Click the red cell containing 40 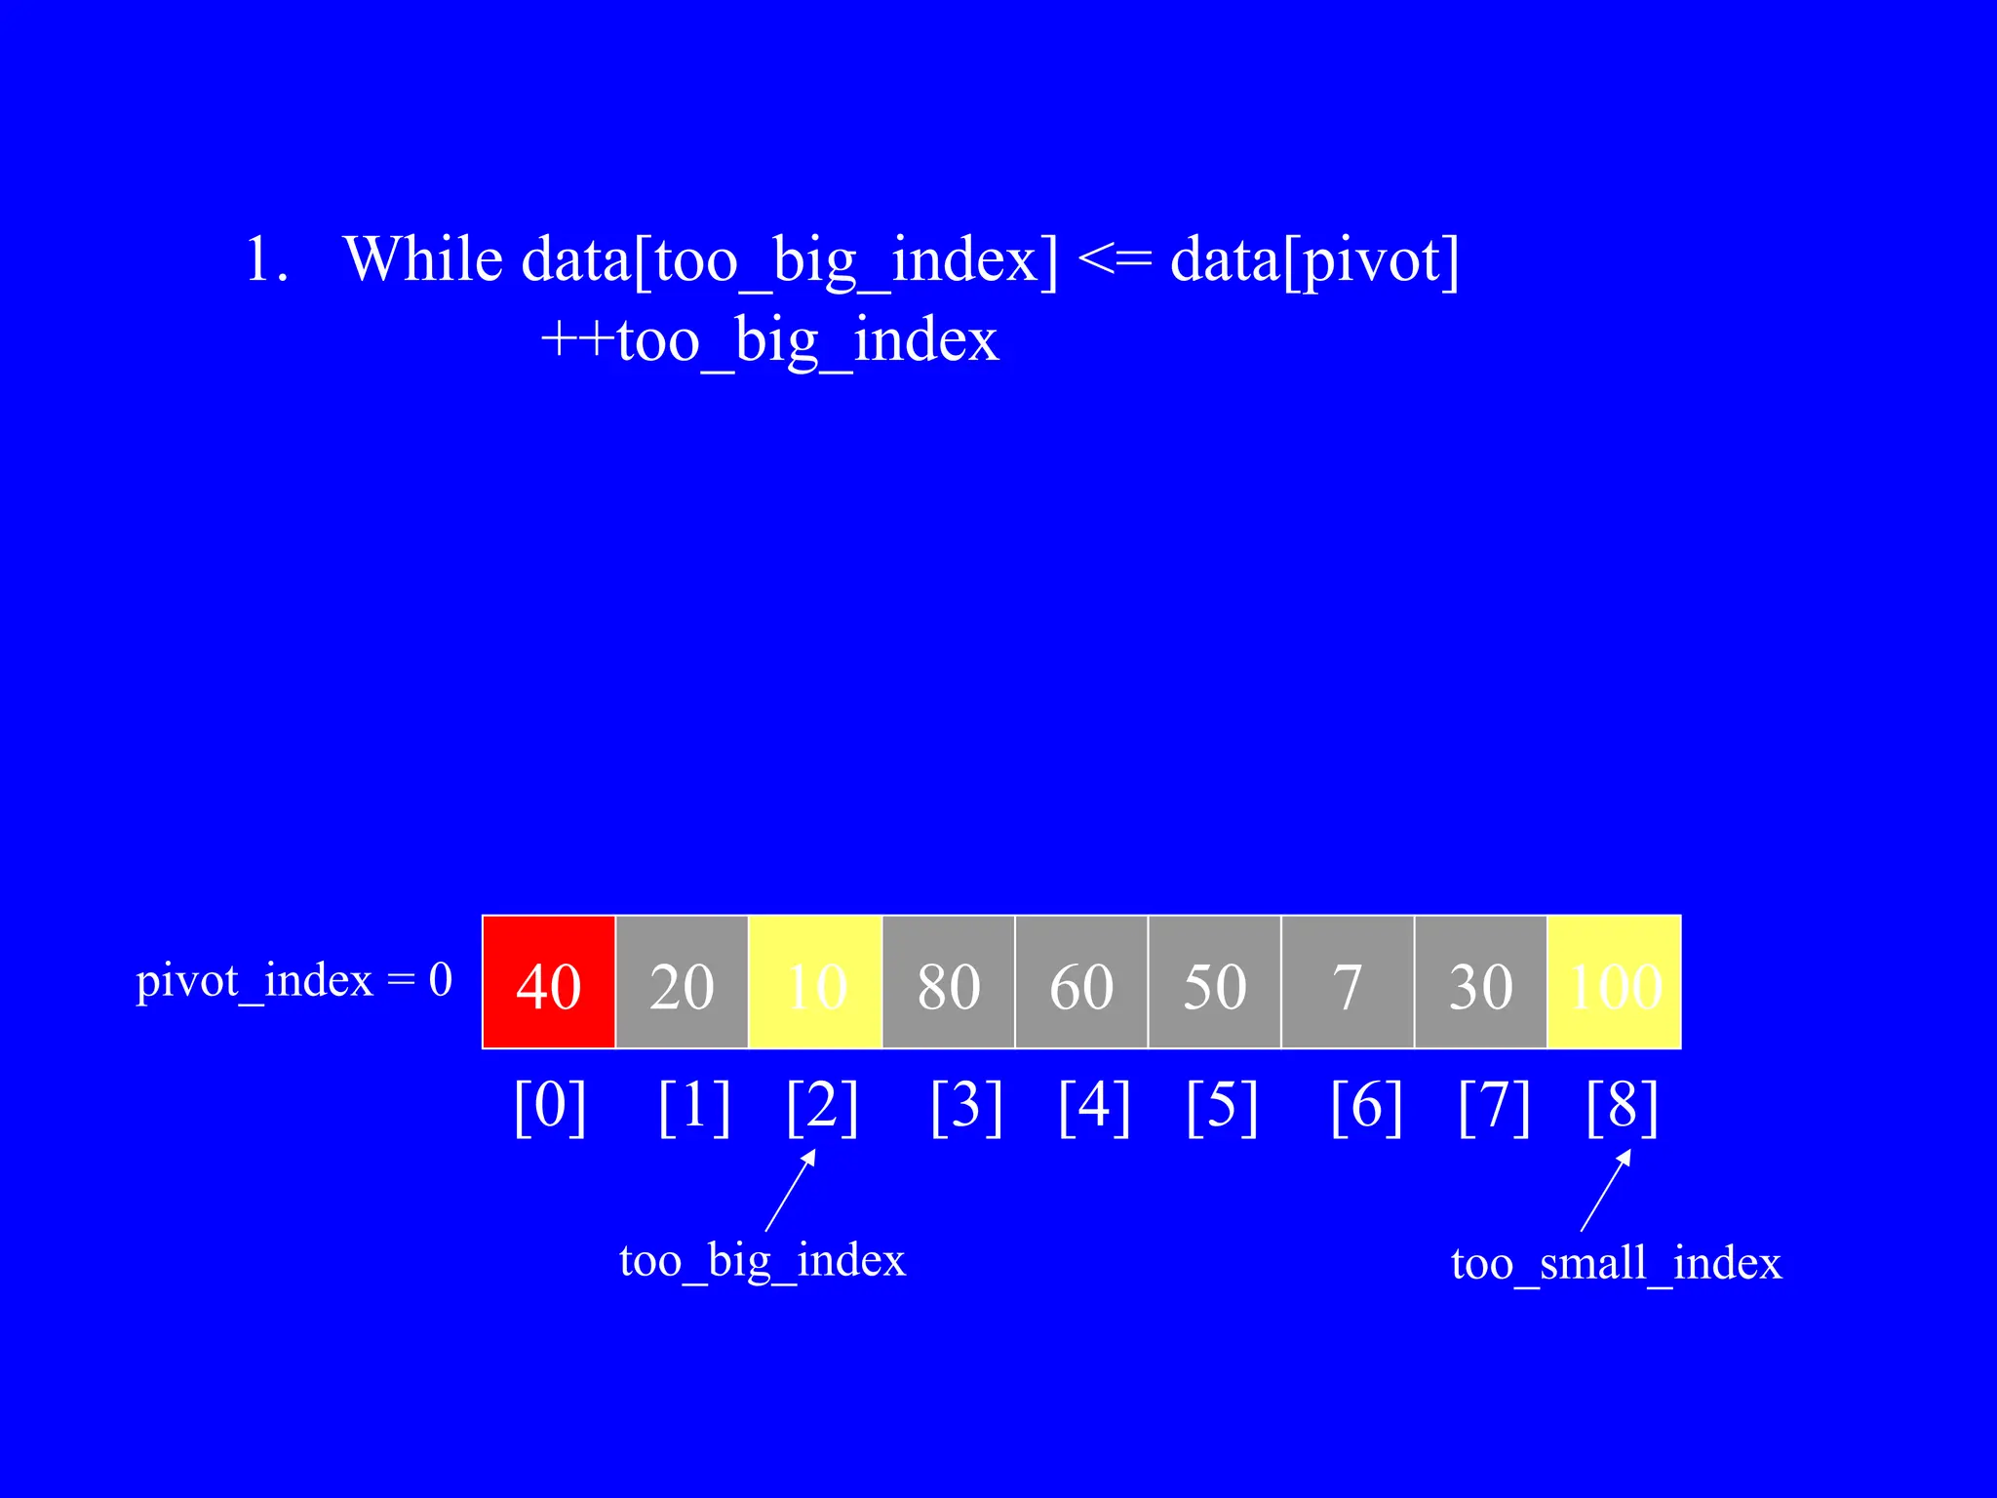click(549, 982)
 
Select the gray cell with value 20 click(682, 982)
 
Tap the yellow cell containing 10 click(815, 982)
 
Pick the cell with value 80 click(948, 982)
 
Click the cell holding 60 click(1081, 982)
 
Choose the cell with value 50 click(1214, 982)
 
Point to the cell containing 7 click(1348, 982)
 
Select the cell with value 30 click(1480, 982)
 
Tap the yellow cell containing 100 click(1615, 982)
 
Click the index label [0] click(550, 1107)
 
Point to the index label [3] click(966, 1107)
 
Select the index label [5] click(1222, 1107)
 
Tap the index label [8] click(1622, 1107)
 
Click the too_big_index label click(763, 1260)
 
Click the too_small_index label click(1616, 1264)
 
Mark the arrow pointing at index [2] click(791, 1190)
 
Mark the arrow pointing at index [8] click(1606, 1190)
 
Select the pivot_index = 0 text click(294, 981)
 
